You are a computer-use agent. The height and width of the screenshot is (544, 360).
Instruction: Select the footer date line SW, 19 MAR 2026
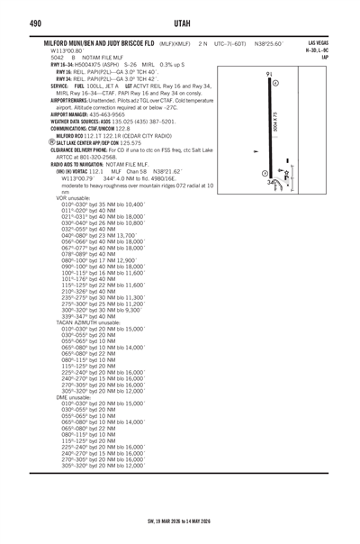coord(180,531)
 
